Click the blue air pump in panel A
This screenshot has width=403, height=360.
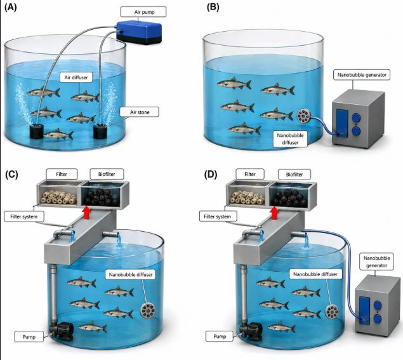pos(140,32)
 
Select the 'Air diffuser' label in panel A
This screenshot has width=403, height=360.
pos(76,77)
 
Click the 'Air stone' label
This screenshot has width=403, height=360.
pos(140,112)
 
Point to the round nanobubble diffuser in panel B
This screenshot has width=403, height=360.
pos(303,116)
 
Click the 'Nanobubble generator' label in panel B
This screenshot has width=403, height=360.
pos(362,75)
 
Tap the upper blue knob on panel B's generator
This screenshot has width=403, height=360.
pos(356,117)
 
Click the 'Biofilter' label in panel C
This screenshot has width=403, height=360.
pos(107,174)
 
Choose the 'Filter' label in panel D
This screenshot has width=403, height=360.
pos(250,174)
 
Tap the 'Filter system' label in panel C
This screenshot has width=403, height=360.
pos(24,217)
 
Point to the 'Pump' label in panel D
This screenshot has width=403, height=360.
pos(220,337)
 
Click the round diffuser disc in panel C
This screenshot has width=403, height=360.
pos(148,310)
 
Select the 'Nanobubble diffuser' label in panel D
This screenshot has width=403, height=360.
pos(315,274)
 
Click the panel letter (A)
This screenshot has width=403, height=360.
pos(11,8)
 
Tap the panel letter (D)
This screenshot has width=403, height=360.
pos(211,175)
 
